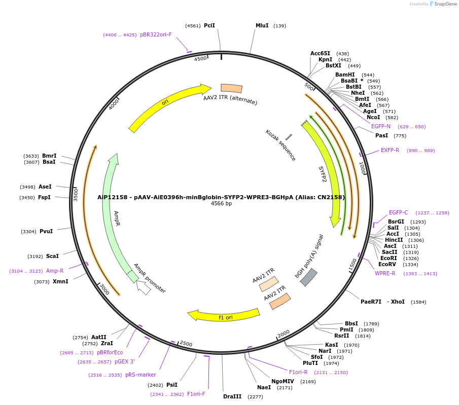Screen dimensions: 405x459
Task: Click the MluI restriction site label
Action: click(x=262, y=25)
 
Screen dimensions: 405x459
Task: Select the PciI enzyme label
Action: click(x=209, y=25)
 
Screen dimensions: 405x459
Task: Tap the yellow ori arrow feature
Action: click(x=167, y=104)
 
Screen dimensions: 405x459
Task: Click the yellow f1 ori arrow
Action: click(x=223, y=315)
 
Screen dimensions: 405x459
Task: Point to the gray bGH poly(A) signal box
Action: click(x=309, y=277)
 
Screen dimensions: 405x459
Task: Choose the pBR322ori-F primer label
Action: click(x=156, y=35)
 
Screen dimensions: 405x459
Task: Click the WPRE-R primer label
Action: click(x=385, y=274)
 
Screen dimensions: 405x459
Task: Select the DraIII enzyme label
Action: click(x=232, y=396)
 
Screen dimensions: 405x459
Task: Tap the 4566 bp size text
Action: click(x=221, y=204)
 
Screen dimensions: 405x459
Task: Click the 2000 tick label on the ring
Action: click(x=283, y=334)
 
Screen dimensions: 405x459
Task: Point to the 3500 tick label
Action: click(x=76, y=195)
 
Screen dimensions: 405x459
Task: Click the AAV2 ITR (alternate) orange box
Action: click(x=231, y=88)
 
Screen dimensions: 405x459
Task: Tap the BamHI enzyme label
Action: click(x=345, y=75)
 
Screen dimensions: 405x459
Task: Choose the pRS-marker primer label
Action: click(x=140, y=375)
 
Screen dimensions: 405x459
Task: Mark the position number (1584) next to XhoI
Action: click(x=418, y=302)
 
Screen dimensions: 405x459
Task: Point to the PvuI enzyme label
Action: click(x=46, y=232)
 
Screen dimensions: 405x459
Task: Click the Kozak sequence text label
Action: click(x=280, y=145)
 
